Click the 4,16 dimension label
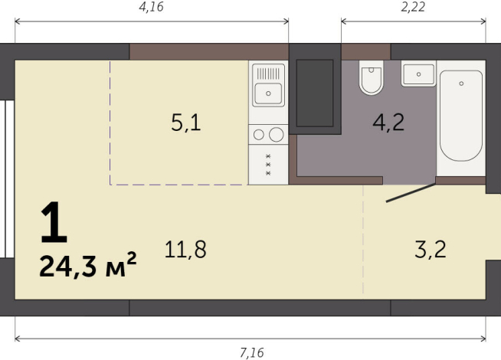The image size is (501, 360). [152, 8]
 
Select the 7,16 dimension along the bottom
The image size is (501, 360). [251, 352]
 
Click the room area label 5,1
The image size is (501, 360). [186, 123]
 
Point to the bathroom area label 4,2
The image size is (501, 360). [388, 123]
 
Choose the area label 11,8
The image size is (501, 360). [185, 249]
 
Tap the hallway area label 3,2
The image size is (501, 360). [429, 249]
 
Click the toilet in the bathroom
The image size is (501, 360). [372, 79]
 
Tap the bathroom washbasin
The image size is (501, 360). [417, 74]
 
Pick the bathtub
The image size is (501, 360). [460, 116]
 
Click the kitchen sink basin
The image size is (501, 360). [269, 96]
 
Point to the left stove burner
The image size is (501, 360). [259, 135]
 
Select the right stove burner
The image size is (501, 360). [277, 135]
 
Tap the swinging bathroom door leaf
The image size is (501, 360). [411, 193]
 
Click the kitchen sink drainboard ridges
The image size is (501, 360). [269, 74]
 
